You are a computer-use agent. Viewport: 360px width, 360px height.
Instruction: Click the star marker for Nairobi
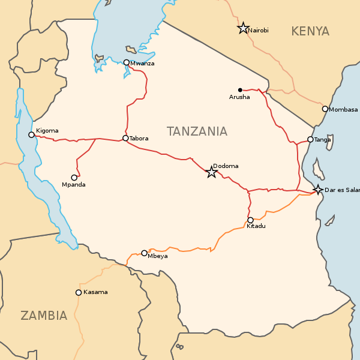pyautogui.click(x=243, y=28)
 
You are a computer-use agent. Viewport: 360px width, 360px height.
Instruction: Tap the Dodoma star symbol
pyautogui.click(x=212, y=172)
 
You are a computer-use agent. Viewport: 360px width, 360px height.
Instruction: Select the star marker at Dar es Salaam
pyautogui.click(x=317, y=190)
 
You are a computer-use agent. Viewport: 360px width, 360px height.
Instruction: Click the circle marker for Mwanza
pyautogui.click(x=127, y=62)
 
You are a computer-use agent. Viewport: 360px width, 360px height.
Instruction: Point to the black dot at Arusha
pyautogui.click(x=240, y=90)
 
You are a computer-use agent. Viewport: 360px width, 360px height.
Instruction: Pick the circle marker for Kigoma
pyautogui.click(x=32, y=135)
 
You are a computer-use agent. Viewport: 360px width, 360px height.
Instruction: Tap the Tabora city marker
pyautogui.click(x=125, y=138)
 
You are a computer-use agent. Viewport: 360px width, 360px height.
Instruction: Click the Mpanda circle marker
pyautogui.click(x=74, y=178)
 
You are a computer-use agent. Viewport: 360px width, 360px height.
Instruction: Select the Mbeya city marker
pyautogui.click(x=144, y=253)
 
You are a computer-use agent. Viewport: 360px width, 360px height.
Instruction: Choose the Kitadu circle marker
pyautogui.click(x=250, y=220)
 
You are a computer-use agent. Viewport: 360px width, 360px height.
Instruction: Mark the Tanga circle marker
pyautogui.click(x=310, y=139)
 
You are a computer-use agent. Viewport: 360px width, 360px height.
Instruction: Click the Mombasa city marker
pyautogui.click(x=325, y=109)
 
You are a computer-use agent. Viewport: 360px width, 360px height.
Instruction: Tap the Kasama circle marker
pyautogui.click(x=79, y=293)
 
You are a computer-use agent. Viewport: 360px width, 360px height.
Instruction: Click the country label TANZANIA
pyautogui.click(x=197, y=131)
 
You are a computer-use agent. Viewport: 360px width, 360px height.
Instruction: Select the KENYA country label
pyautogui.click(x=310, y=31)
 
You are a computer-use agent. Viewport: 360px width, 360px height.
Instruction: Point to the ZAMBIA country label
pyautogui.click(x=44, y=316)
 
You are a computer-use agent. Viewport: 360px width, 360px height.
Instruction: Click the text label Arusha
pyautogui.click(x=239, y=97)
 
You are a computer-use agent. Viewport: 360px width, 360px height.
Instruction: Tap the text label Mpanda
pyautogui.click(x=74, y=185)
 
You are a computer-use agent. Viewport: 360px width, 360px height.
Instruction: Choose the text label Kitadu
pyautogui.click(x=256, y=226)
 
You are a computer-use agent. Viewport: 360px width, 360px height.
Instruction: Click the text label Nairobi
pyautogui.click(x=259, y=31)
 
